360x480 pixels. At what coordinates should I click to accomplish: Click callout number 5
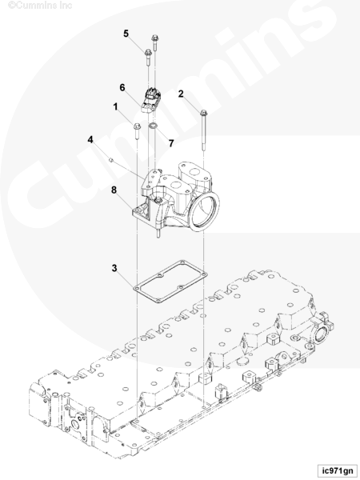(x=126, y=34)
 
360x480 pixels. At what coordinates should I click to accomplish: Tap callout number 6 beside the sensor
(x=122, y=87)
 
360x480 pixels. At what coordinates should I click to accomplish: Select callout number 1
(x=115, y=107)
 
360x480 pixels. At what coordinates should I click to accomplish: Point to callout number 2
(x=181, y=94)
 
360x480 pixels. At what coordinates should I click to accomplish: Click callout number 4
(x=90, y=139)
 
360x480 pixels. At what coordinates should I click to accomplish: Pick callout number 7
(x=171, y=143)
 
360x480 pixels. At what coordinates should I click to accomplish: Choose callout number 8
(x=114, y=190)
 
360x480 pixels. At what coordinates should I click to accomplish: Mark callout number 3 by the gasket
(x=114, y=268)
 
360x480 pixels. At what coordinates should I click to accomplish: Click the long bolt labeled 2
(x=203, y=130)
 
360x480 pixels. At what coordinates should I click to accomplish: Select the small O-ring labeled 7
(x=153, y=126)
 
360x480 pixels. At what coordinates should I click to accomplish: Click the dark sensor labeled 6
(x=150, y=98)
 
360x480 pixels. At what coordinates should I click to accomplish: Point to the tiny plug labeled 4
(x=111, y=159)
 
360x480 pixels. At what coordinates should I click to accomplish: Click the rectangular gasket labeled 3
(x=170, y=282)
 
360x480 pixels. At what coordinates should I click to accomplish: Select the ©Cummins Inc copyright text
(x=40, y=6)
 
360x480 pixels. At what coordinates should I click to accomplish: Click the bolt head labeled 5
(x=148, y=52)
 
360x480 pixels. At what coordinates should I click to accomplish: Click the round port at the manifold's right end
(x=321, y=334)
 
